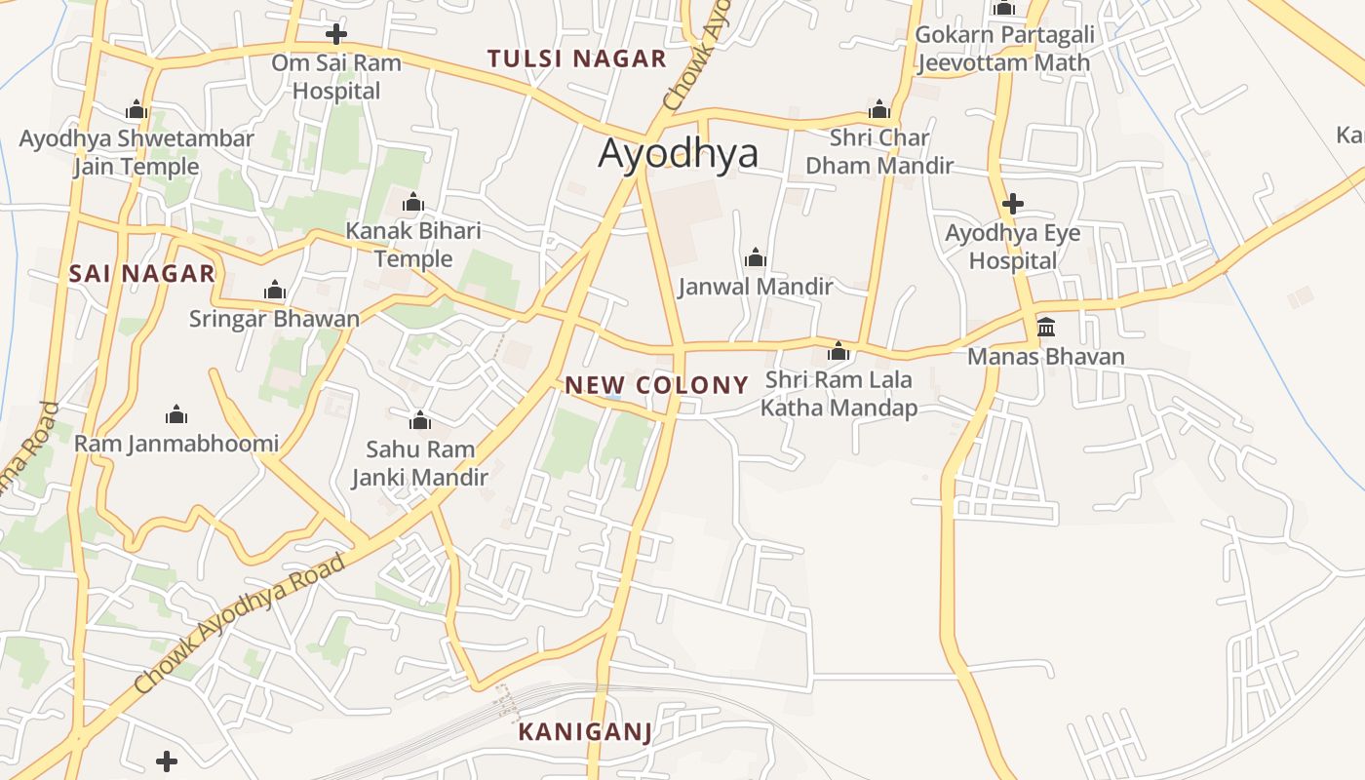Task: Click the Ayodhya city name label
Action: click(x=678, y=154)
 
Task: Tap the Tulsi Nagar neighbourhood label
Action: click(x=577, y=58)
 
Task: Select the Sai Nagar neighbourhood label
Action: click(x=141, y=274)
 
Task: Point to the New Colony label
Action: click(x=656, y=385)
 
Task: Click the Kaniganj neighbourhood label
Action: click(x=584, y=731)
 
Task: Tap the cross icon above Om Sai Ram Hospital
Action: click(x=336, y=34)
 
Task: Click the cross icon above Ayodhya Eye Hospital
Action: click(x=1013, y=204)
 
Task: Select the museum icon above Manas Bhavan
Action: click(x=1046, y=327)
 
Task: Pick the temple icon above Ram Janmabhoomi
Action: click(x=176, y=414)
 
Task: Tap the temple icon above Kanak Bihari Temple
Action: click(x=413, y=202)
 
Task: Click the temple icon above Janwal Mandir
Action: click(x=756, y=257)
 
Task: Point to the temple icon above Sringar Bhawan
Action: click(x=275, y=290)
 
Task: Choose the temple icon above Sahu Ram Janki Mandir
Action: click(x=420, y=420)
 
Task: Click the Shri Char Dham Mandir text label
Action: click(x=879, y=151)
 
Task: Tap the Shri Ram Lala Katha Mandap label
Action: click(x=838, y=394)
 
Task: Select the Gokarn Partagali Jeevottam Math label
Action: click(x=1004, y=49)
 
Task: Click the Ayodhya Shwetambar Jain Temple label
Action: click(x=136, y=152)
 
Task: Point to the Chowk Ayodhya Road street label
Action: click(x=240, y=624)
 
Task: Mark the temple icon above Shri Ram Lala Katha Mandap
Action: click(x=838, y=351)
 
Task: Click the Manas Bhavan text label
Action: click(x=1045, y=357)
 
